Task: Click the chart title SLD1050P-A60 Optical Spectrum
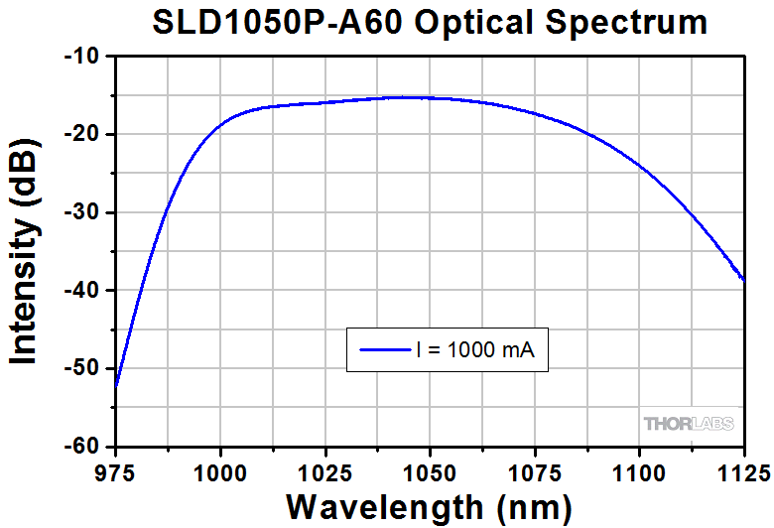click(x=430, y=22)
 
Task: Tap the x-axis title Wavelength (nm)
click(x=429, y=504)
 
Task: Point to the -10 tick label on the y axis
click(x=82, y=57)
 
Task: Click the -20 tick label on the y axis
click(x=82, y=135)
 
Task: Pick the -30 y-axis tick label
click(x=82, y=212)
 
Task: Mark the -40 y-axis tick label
click(x=82, y=291)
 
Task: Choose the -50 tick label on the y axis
click(x=82, y=369)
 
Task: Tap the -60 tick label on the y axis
click(x=82, y=447)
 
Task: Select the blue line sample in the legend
click(x=380, y=349)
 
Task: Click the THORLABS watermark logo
click(x=690, y=425)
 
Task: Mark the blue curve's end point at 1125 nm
click(x=744, y=281)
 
